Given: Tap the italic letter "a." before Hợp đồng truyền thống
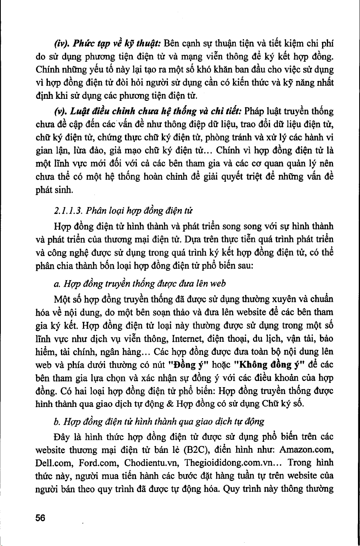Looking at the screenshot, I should click(57, 284).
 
